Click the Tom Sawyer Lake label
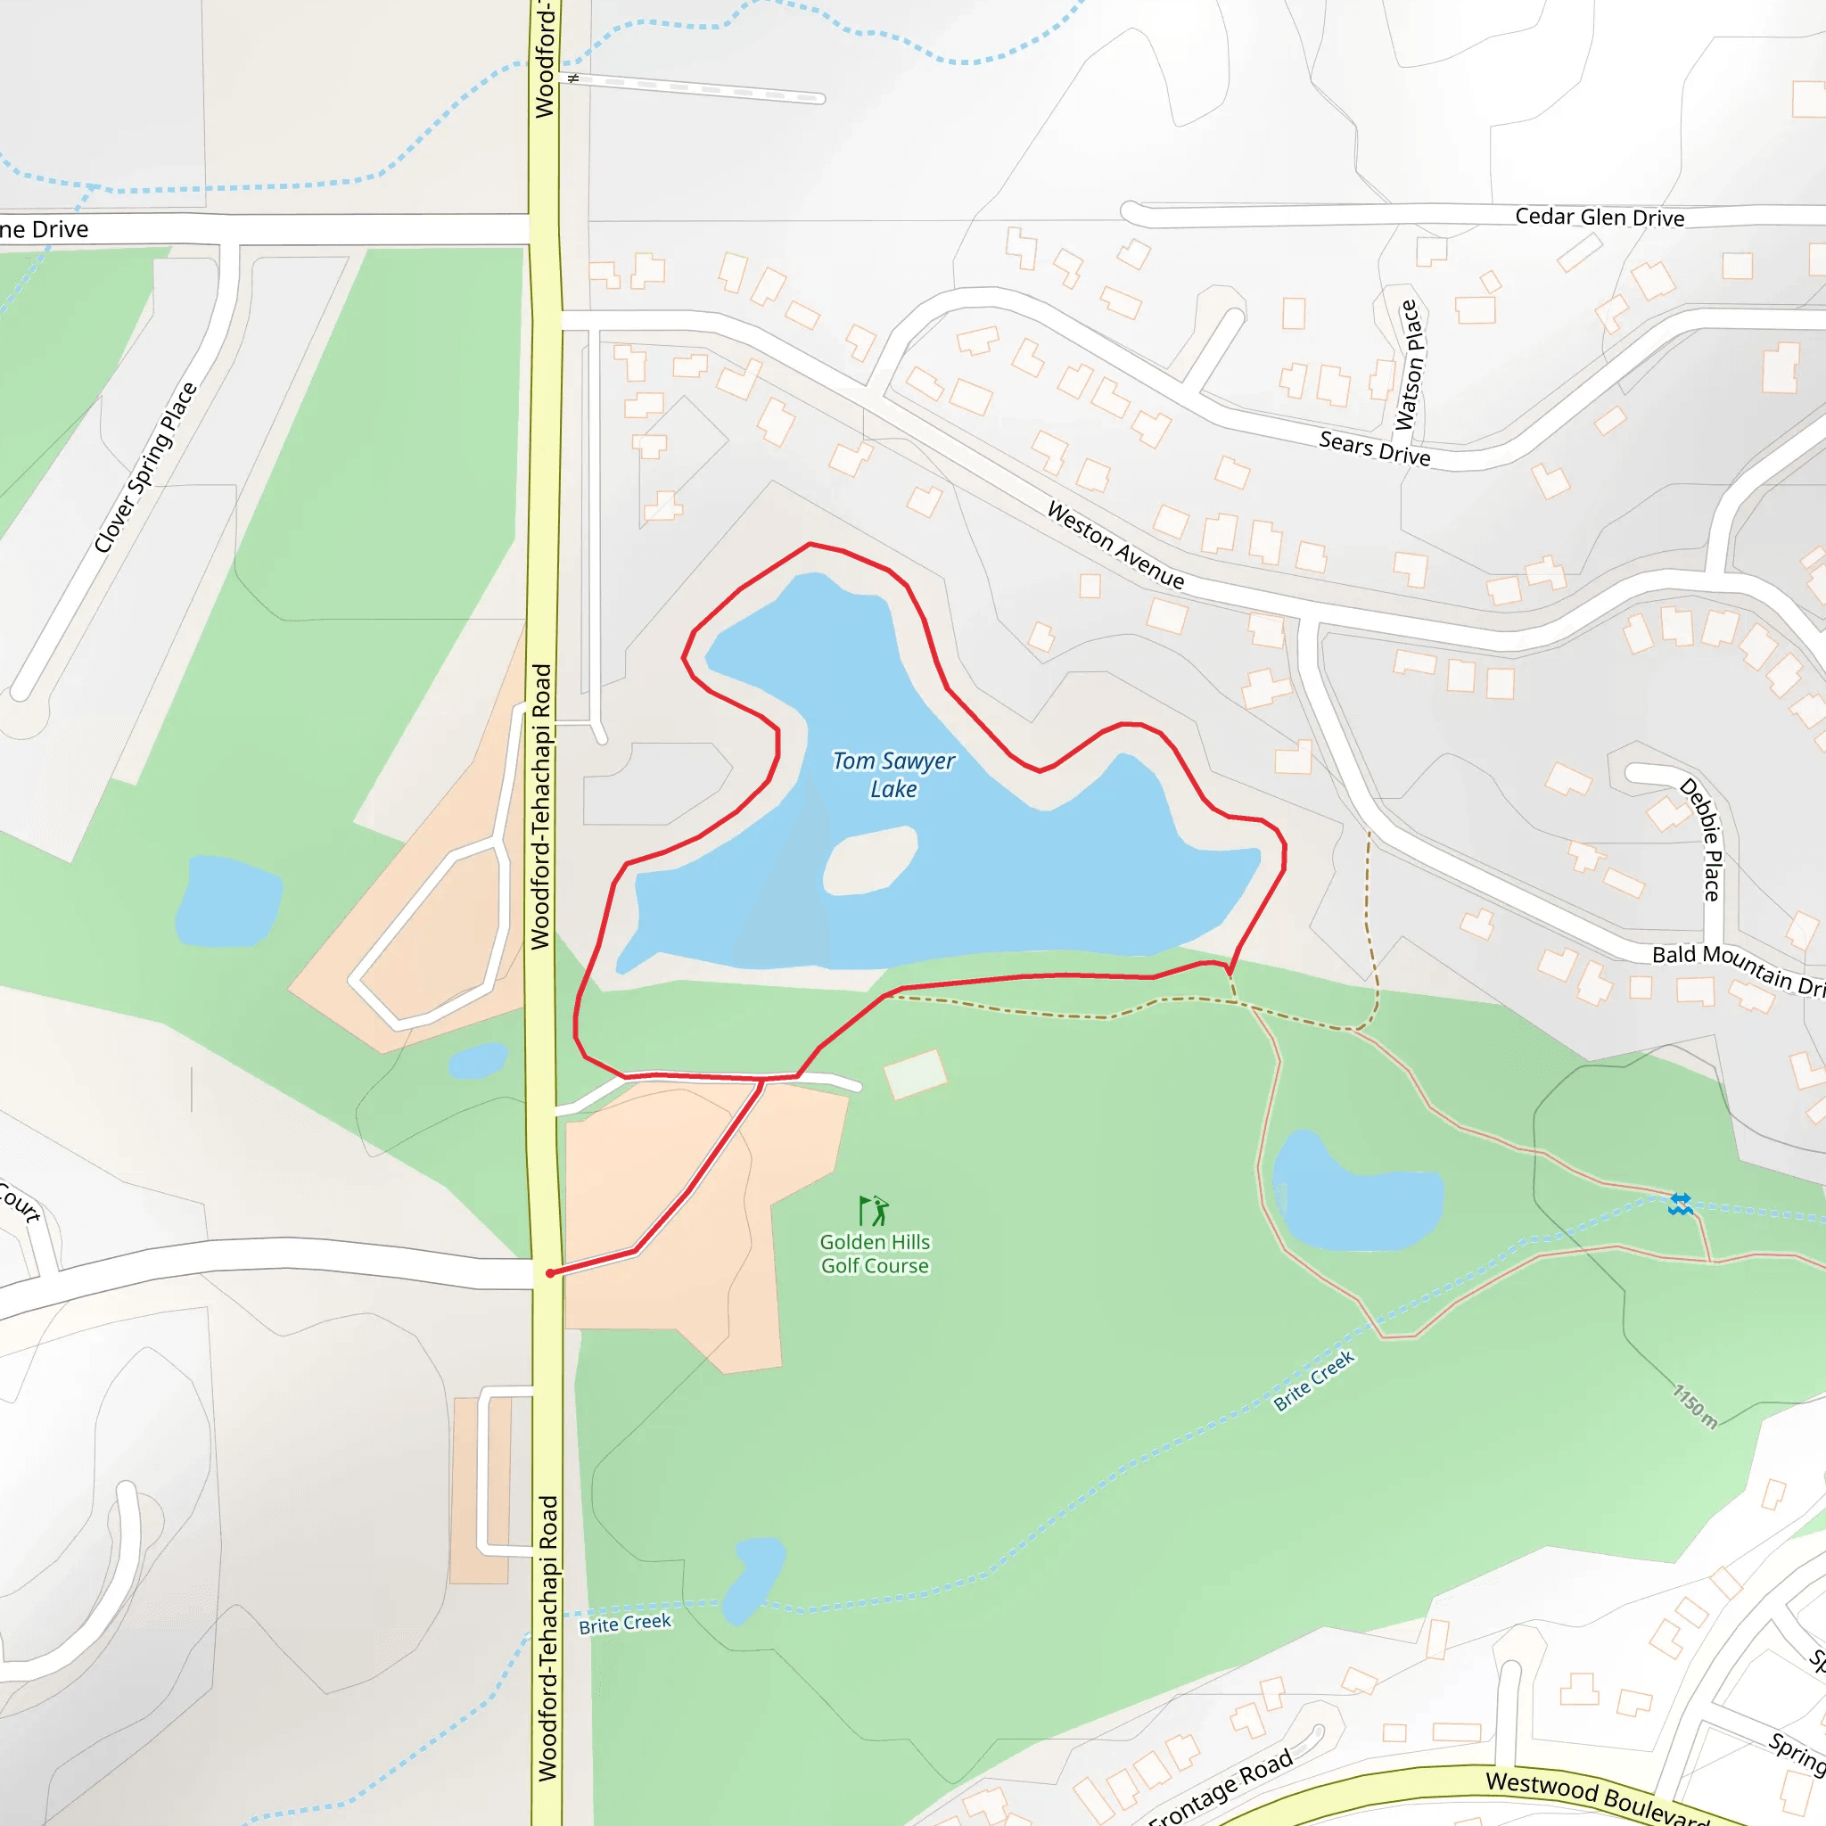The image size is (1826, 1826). (893, 774)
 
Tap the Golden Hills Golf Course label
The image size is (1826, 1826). (875, 1254)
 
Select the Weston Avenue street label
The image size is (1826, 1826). (1115, 546)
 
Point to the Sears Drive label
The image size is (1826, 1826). (1374, 448)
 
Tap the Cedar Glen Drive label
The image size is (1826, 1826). (1600, 218)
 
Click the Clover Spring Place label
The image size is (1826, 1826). (145, 467)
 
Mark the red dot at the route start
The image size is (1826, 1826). (550, 1273)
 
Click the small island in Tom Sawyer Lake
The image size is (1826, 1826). (870, 860)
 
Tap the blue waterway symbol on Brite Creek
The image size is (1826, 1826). (1680, 1204)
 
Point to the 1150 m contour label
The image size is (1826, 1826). (1695, 1406)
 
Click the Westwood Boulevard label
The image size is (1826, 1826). (1597, 1796)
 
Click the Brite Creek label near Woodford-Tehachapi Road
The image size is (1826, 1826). (625, 1624)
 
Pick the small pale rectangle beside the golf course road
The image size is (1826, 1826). (914, 1073)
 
